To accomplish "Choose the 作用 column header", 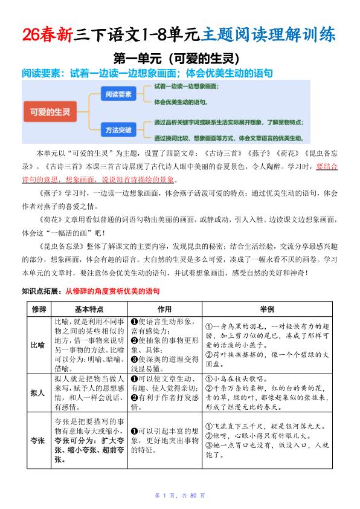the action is (164, 309).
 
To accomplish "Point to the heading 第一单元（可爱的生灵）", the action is (179, 59).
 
